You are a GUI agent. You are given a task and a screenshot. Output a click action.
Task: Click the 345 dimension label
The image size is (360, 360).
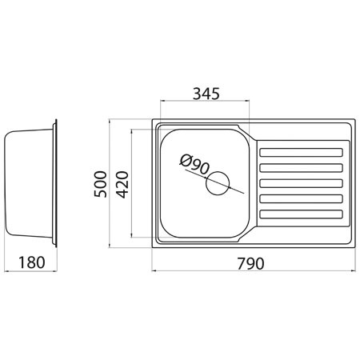(206, 94)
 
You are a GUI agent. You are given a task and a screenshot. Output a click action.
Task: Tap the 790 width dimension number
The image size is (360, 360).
(250, 263)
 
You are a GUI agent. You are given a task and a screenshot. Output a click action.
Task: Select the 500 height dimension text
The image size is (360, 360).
(101, 184)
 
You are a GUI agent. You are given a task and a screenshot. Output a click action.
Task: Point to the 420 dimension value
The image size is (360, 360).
(122, 185)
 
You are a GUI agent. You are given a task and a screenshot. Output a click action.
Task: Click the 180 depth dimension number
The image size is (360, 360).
(32, 262)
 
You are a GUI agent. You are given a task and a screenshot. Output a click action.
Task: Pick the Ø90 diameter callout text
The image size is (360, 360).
(194, 165)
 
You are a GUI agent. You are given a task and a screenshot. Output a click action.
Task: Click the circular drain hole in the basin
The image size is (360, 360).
(218, 183)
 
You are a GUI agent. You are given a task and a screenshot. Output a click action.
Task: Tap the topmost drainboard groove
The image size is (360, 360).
(301, 153)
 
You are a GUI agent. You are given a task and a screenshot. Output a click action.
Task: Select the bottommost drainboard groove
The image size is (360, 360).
(301, 214)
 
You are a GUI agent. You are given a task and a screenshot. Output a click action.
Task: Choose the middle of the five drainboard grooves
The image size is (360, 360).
(301, 183)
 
